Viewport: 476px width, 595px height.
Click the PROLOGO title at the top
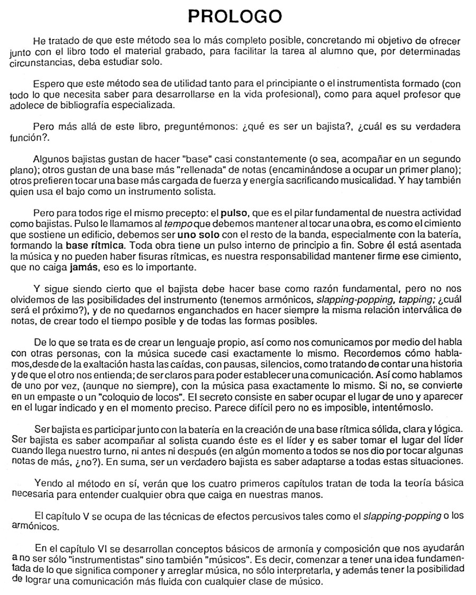tap(238, 17)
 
